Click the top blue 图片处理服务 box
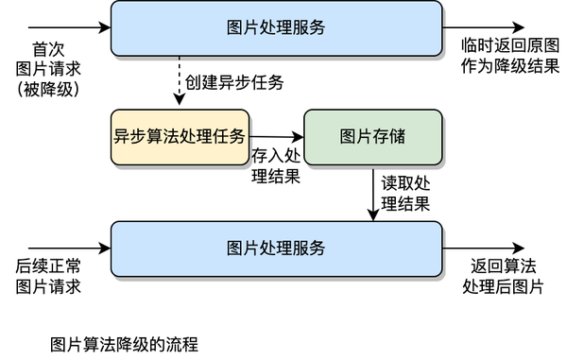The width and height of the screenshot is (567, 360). click(276, 27)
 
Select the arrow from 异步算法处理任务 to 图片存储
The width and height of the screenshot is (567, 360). click(276, 137)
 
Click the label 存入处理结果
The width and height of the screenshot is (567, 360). click(276, 165)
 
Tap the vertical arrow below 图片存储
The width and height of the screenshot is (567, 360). click(373, 194)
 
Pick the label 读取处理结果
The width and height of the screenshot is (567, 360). click(405, 193)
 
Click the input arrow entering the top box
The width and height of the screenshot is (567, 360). click(57, 27)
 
